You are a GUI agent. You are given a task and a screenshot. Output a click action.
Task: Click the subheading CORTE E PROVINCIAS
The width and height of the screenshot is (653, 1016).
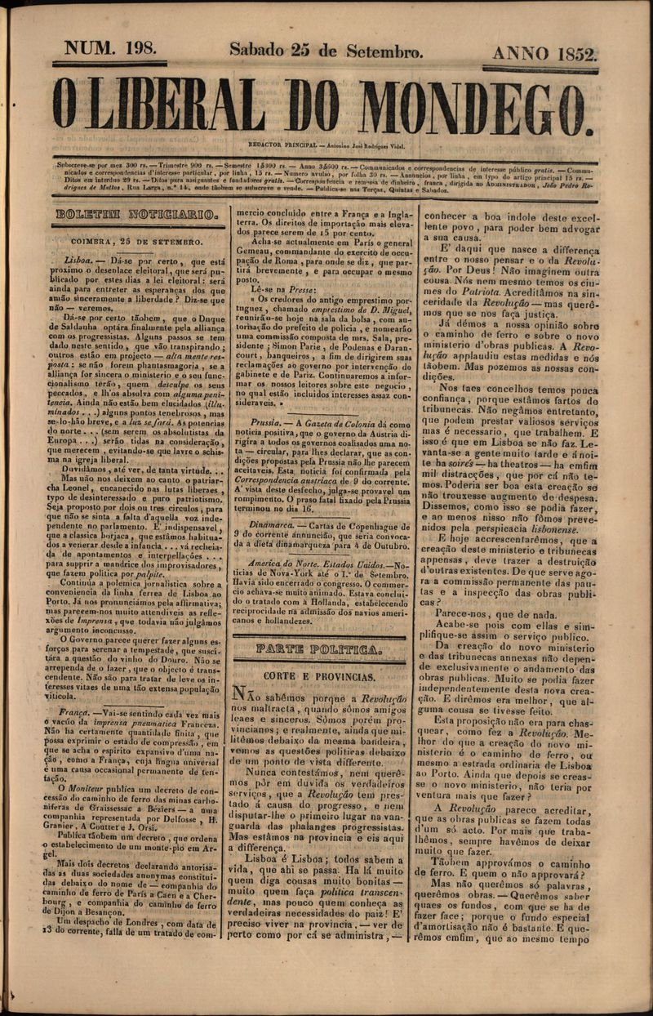coord(319,677)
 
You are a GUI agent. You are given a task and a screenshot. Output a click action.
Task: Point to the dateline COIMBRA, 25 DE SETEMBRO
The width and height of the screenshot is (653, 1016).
coord(136,242)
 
